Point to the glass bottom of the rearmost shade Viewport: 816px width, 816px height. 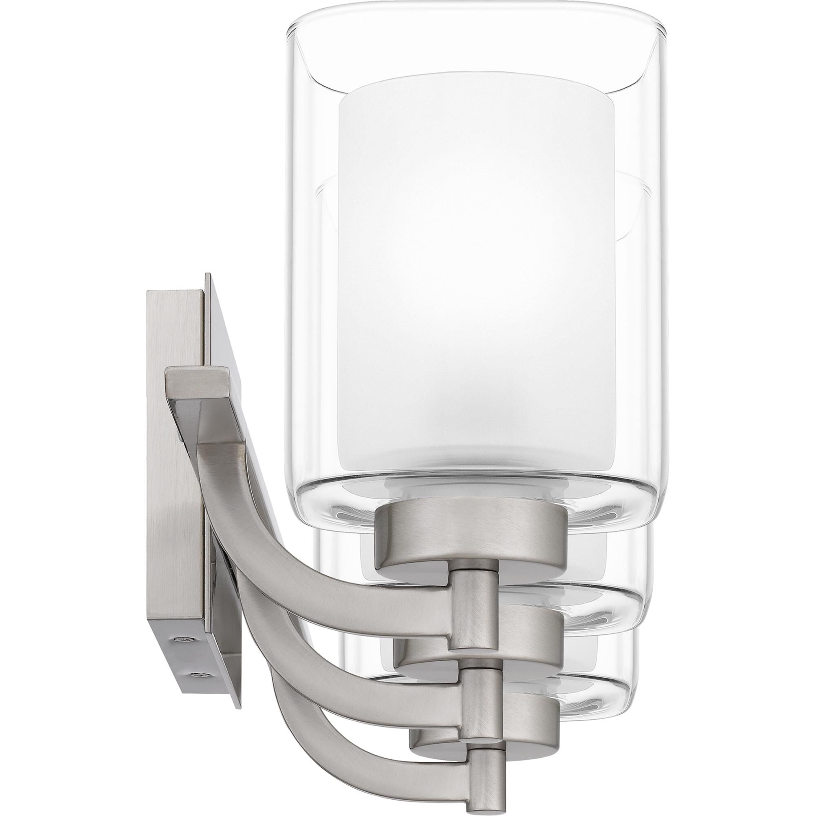point(600,676)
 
